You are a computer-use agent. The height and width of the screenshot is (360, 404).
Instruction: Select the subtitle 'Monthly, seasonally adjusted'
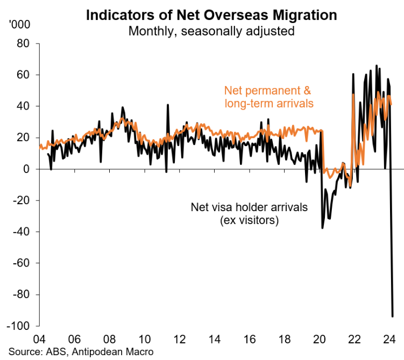[211, 31]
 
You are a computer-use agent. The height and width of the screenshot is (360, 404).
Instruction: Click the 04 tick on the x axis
[39, 339]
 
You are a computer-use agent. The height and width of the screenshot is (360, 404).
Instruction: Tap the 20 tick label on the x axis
[320, 339]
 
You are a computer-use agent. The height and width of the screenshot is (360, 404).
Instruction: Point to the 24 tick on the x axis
[389, 339]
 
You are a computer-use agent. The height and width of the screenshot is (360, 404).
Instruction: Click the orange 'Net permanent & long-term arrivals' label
[268, 96]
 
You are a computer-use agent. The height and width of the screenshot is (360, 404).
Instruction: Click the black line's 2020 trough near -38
[323, 228]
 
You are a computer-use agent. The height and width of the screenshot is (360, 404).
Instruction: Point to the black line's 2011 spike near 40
[168, 105]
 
